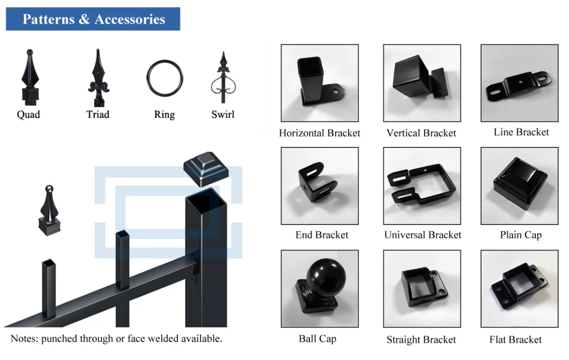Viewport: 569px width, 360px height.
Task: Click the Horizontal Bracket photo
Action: pyautogui.click(x=320, y=83)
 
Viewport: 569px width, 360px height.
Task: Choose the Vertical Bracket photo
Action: pyautogui.click(x=422, y=83)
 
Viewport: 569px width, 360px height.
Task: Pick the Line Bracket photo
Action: pyautogui.click(x=519, y=83)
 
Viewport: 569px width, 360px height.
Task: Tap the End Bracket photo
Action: pyautogui.click(x=320, y=186)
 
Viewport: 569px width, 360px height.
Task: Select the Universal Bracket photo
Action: pyautogui.click(x=422, y=186)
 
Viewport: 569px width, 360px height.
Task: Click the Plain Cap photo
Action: pyautogui.click(x=519, y=186)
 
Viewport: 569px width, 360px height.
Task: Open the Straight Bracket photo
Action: pyautogui.click(x=422, y=289)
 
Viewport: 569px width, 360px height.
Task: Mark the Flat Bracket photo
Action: pyautogui.click(x=519, y=289)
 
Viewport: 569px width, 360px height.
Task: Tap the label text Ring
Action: pyautogui.click(x=164, y=115)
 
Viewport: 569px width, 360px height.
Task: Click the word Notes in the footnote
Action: pyautogui.click(x=24, y=339)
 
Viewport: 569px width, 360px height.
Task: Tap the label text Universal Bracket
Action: pyautogui.click(x=423, y=235)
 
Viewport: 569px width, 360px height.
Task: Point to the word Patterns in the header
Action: pyautogui.click(x=48, y=20)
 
